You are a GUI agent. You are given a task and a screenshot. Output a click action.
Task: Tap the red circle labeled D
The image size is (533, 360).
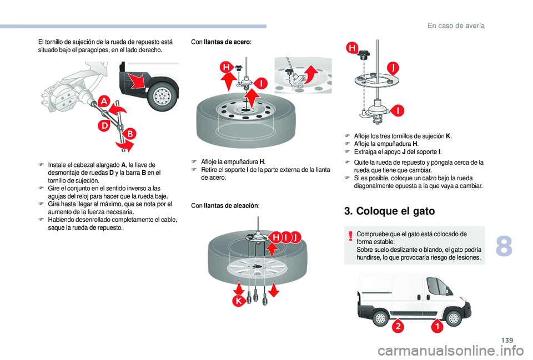pos(104,126)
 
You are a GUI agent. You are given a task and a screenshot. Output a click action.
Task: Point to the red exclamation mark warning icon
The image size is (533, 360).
pos(351,238)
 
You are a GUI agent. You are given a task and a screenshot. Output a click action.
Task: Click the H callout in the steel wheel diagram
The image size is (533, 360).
pos(227,68)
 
